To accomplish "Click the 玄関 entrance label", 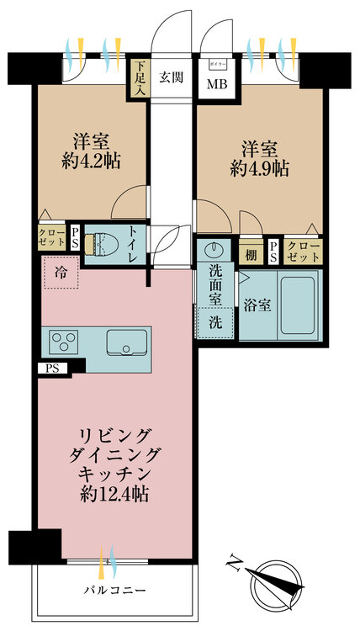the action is point(172,77).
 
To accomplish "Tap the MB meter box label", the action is point(217,84).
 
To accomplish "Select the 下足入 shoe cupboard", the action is point(140,78).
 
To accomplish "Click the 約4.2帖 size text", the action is point(92,162).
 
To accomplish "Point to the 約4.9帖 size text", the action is point(260,169).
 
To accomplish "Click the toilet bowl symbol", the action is point(100,245).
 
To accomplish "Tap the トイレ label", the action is point(134,243).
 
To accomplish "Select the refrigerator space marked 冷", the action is point(61,273).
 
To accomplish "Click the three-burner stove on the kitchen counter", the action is point(64,341).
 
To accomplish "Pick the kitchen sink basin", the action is point(127,342).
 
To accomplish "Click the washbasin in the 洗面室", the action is point(214,251).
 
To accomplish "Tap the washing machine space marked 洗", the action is point(214,323).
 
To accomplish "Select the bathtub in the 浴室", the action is point(298,305).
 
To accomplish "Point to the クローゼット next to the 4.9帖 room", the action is point(303,252).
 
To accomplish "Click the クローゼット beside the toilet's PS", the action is point(52,237).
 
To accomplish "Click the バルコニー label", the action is point(114,591).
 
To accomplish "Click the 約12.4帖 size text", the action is point(114,493).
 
